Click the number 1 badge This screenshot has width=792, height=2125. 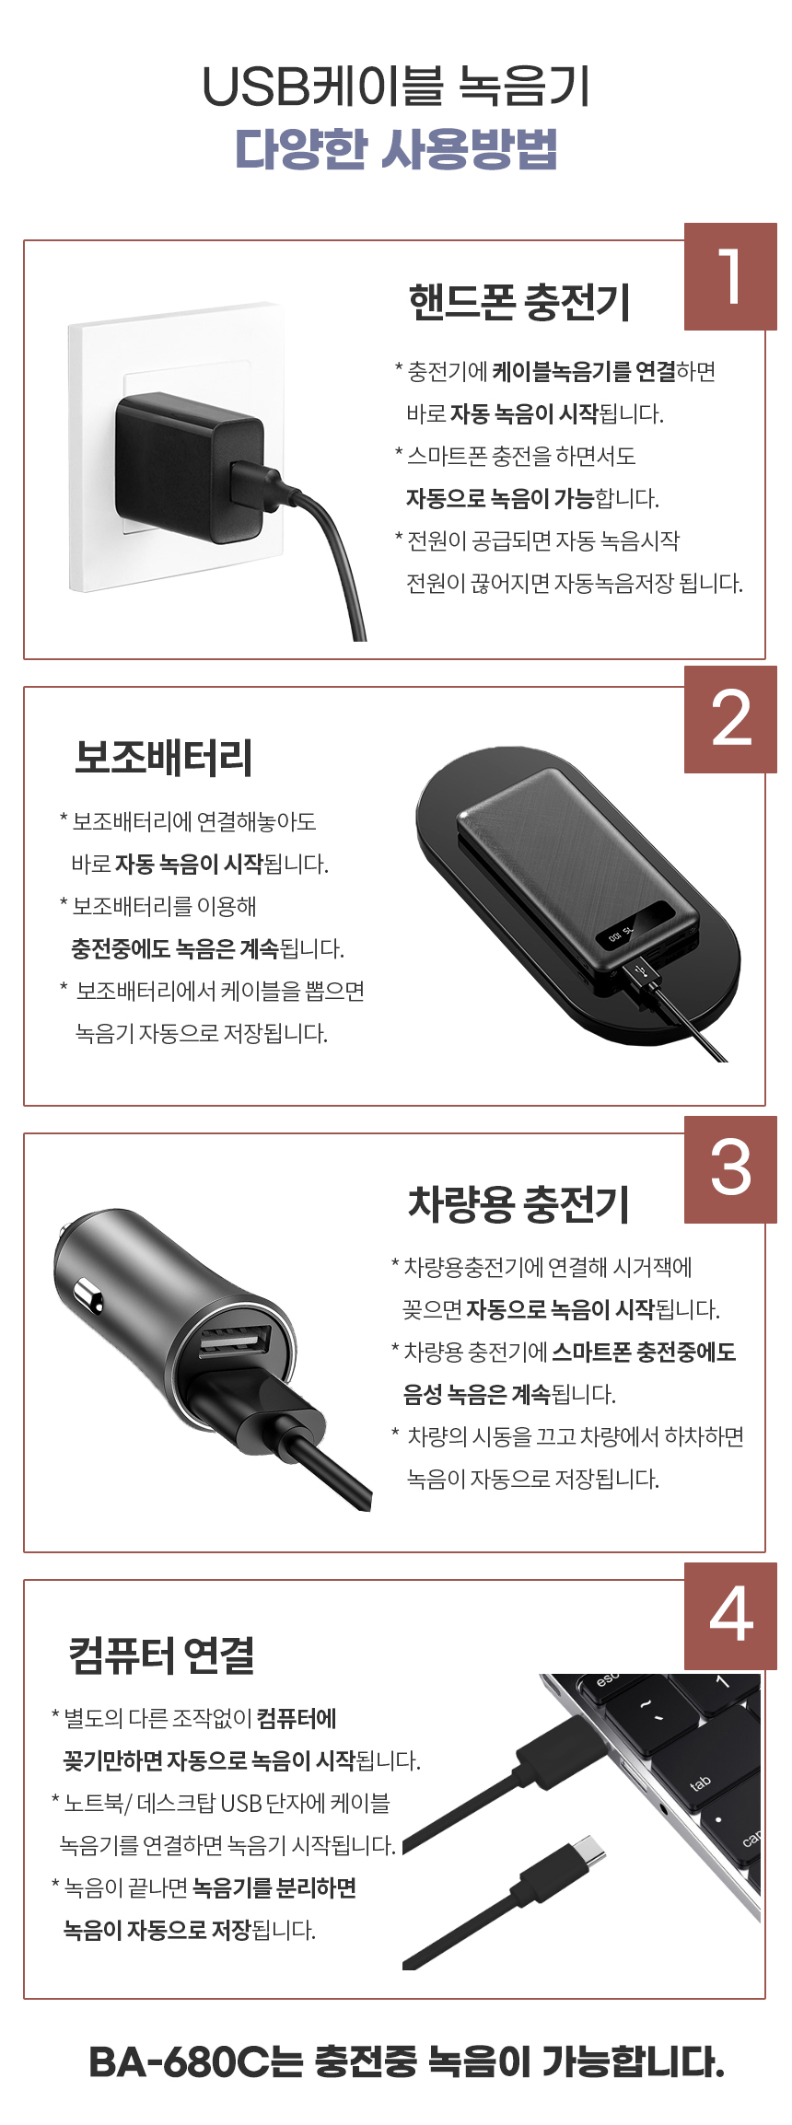(x=730, y=276)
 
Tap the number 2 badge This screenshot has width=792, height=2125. (x=730, y=719)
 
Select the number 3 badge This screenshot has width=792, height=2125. (x=730, y=1169)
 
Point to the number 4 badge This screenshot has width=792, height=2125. (x=730, y=1616)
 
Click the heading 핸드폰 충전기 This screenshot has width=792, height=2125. (x=519, y=302)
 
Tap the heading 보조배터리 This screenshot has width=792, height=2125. (x=163, y=757)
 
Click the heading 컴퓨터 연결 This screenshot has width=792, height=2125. (x=161, y=1654)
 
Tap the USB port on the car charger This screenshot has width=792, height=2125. (x=236, y=1342)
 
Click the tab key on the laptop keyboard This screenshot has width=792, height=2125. (x=700, y=1782)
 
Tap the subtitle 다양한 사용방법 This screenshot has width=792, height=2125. (x=396, y=148)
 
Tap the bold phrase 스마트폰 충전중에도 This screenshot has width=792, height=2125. (x=644, y=1352)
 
